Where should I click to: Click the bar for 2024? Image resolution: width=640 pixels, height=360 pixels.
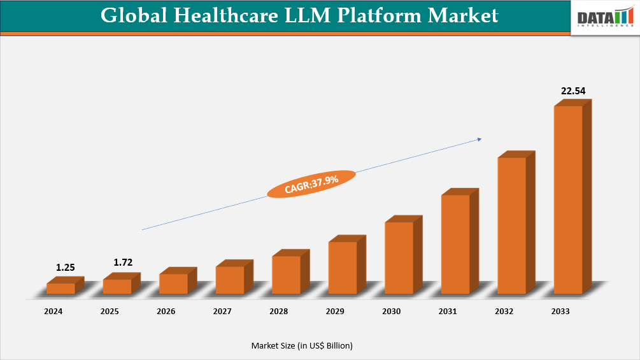(x=61, y=288)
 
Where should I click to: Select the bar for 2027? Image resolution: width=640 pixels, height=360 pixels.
(x=230, y=280)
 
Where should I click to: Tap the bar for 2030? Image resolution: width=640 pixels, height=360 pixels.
(x=399, y=257)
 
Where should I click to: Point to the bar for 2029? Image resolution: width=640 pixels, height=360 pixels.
(x=343, y=268)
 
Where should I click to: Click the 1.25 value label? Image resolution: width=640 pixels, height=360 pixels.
(x=65, y=268)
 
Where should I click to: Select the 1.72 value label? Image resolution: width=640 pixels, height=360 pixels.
(x=122, y=263)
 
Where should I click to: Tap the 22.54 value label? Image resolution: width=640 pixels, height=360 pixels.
(x=572, y=91)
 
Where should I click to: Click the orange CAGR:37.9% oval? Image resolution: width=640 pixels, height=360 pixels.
(x=311, y=184)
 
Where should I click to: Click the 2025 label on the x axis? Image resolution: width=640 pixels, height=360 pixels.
(x=110, y=312)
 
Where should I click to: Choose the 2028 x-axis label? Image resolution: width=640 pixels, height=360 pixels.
(x=278, y=312)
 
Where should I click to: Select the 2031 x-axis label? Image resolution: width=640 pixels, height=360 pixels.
(x=448, y=312)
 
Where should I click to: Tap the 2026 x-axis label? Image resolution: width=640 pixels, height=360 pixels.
(x=166, y=312)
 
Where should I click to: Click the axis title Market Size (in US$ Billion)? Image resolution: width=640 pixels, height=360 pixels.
(x=302, y=345)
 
